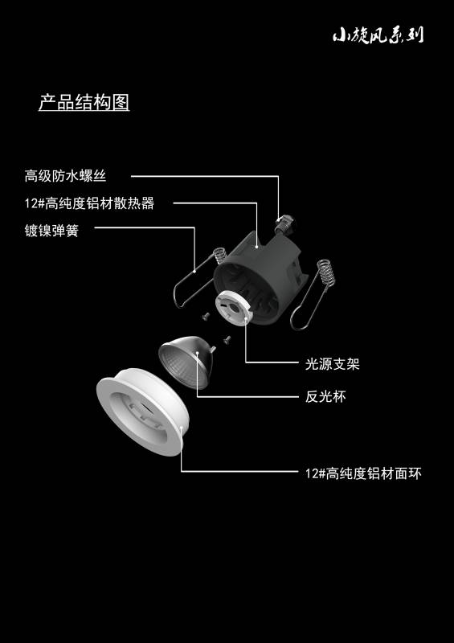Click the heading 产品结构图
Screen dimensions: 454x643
coord(84,102)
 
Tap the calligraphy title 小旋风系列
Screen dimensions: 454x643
coord(378,35)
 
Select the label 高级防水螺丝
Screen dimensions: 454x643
coord(65,176)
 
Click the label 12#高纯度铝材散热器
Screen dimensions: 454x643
coord(89,203)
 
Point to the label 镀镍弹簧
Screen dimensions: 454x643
coord(51,231)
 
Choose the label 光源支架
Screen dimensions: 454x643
coord(332,364)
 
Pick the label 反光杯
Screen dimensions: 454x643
coord(325,396)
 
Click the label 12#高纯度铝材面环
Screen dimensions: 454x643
coord(363,473)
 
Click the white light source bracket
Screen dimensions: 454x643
coord(232,307)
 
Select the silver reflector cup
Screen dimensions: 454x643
coord(186,362)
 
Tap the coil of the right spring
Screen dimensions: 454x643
coord(326,271)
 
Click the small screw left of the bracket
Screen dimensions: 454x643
coord(206,315)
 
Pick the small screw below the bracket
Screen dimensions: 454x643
coord(227,339)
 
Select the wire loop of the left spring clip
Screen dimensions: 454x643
coord(193,283)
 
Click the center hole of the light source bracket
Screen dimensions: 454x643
coord(231,307)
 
